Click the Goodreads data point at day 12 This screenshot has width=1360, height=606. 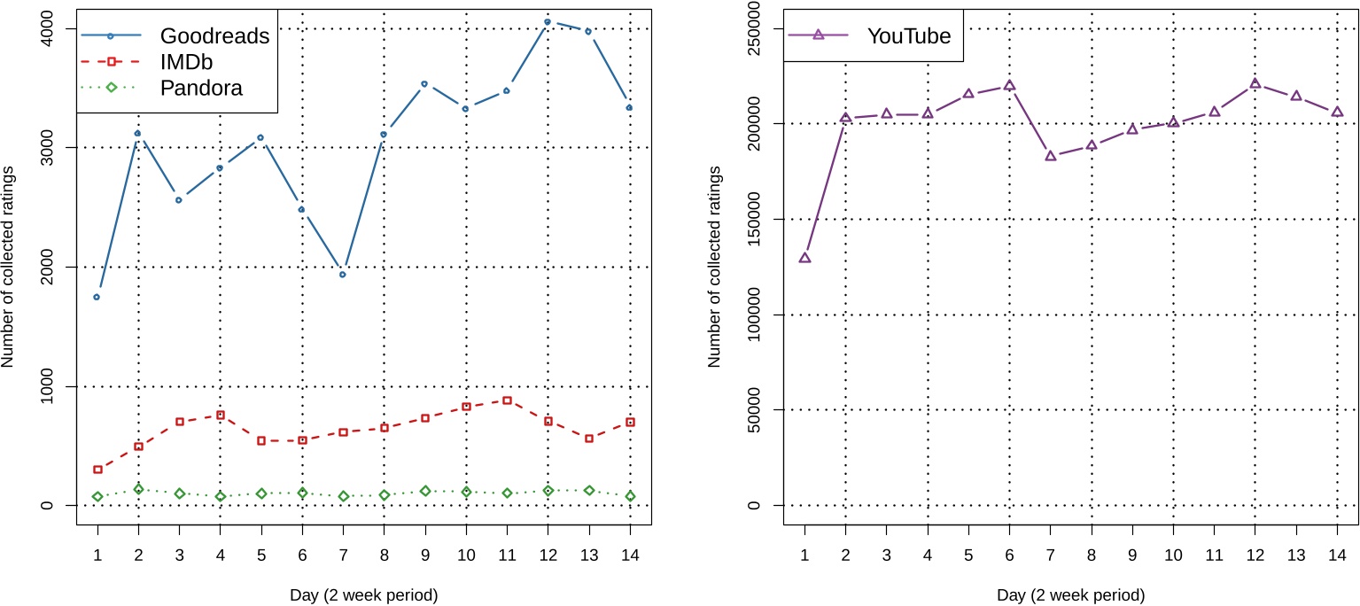pos(548,21)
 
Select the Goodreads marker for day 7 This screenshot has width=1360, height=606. pos(342,275)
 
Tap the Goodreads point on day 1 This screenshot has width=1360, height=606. pos(97,297)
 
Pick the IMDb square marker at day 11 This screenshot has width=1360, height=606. pos(507,400)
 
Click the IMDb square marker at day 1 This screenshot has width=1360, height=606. pos(97,470)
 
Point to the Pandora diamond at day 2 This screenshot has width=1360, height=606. pos(137,489)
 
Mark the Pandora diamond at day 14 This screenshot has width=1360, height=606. pos(630,496)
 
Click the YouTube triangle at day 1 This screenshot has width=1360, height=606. pos(804,258)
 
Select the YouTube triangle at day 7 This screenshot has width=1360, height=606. pos(1051,156)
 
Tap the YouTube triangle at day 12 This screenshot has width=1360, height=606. pos(1255,83)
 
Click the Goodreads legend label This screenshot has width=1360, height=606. pos(214,36)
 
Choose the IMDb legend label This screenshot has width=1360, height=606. pos(187,62)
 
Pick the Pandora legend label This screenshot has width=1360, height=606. pos(201,88)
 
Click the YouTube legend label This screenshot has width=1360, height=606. pos(909,35)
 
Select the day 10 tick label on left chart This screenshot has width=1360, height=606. pos(466,554)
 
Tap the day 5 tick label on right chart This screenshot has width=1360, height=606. pos(968,554)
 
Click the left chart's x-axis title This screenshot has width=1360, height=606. pos(363,594)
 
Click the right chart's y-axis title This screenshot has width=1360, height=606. pos(715,267)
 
